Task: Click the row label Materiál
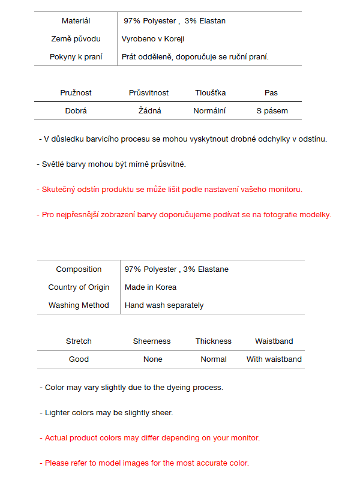[x=76, y=21]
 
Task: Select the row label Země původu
[x=76, y=39]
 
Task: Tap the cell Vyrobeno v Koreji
[x=152, y=39]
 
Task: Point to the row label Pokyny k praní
[x=76, y=57]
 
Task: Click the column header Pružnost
[x=76, y=93]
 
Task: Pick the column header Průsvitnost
[x=149, y=93]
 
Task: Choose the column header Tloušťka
[x=211, y=93]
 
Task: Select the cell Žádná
[x=150, y=111]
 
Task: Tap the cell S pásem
[x=272, y=111]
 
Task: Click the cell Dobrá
[x=76, y=111]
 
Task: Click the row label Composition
[x=79, y=269]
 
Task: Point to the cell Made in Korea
[x=151, y=287]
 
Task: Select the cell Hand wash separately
[x=164, y=305]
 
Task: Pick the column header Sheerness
[x=152, y=341]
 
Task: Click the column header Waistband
[x=274, y=341]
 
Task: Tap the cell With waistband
[x=274, y=359]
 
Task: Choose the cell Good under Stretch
[x=79, y=359]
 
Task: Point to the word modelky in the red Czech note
[x=316, y=215]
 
